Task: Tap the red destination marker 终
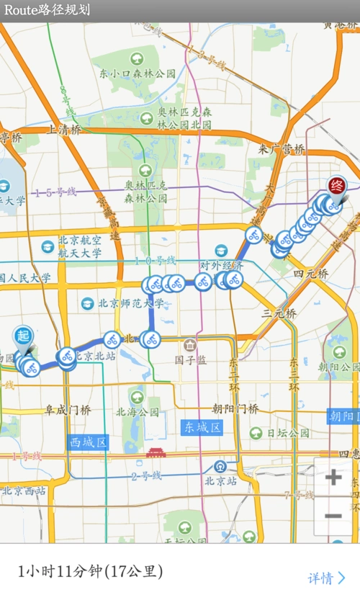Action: coord(336,186)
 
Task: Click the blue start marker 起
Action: coord(23,336)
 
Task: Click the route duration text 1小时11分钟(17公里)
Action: coord(91,572)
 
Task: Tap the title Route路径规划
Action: coord(48,10)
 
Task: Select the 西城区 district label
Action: coord(89,442)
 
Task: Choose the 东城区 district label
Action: coord(201,427)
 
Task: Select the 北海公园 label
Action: coord(138,413)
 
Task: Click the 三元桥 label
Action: coord(279,313)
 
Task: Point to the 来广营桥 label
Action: coord(282,149)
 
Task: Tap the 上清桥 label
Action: coord(64,130)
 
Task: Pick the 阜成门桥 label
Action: coord(68,410)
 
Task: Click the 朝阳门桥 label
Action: coord(235,408)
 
